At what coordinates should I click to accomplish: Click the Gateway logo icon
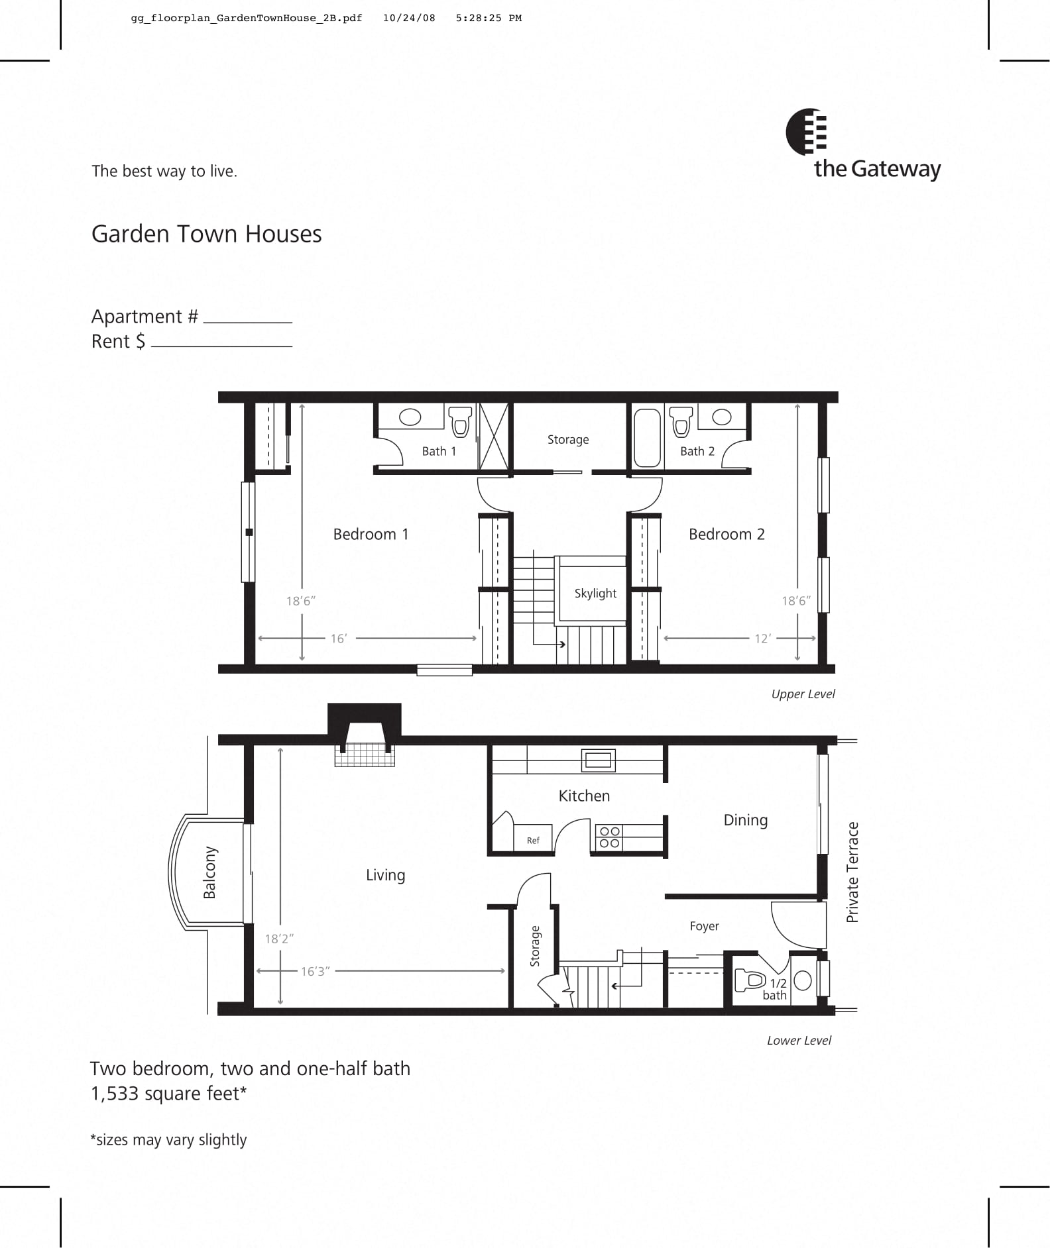coord(806,132)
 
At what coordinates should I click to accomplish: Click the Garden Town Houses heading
coord(206,234)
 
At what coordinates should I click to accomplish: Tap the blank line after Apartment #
coord(247,321)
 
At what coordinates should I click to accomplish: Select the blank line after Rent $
coord(221,344)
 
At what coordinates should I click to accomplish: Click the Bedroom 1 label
coord(371,534)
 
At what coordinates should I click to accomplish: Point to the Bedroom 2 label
coord(727,534)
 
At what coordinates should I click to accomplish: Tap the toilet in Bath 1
coord(460,421)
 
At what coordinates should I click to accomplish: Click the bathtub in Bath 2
coord(647,438)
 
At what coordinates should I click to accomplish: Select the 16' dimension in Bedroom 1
coord(339,639)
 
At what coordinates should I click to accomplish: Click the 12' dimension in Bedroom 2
coord(762,639)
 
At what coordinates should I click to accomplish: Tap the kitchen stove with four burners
coord(609,837)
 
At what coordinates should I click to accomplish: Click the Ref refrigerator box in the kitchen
coord(533,840)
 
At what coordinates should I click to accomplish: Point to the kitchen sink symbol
coord(598,760)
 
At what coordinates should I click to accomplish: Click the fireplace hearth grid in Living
coord(364,756)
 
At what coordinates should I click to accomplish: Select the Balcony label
coord(209,872)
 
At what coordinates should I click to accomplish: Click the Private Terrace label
coord(852,872)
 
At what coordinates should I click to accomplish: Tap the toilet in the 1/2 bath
coord(750,979)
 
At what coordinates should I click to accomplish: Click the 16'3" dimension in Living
coord(315,971)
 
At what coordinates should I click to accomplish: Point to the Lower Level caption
coord(798,1040)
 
